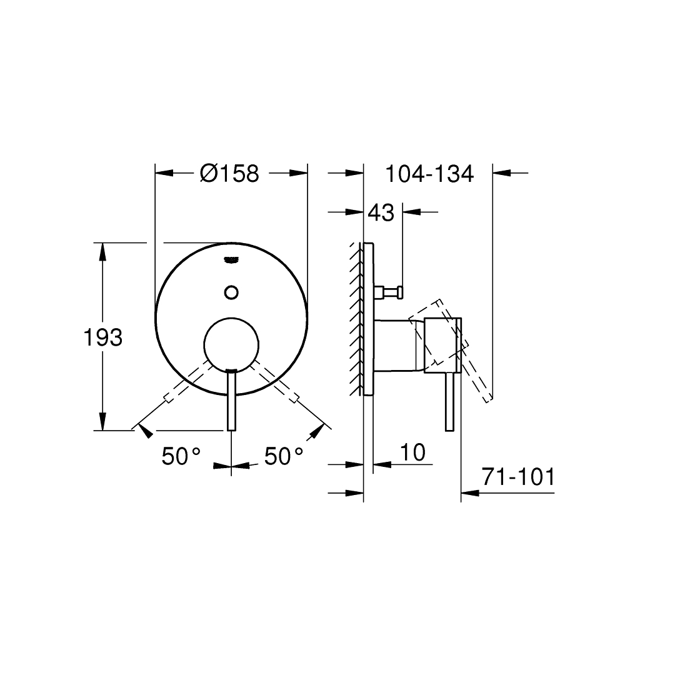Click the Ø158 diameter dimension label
tap(229, 173)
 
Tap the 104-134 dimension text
tap(429, 174)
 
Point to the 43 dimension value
tap(381, 212)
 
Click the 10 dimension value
tap(412, 452)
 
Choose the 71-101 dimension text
tap(518, 476)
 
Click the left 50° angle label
tap(181, 456)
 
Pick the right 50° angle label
tap(284, 456)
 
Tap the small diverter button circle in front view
tap(232, 292)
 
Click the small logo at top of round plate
tap(231, 259)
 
